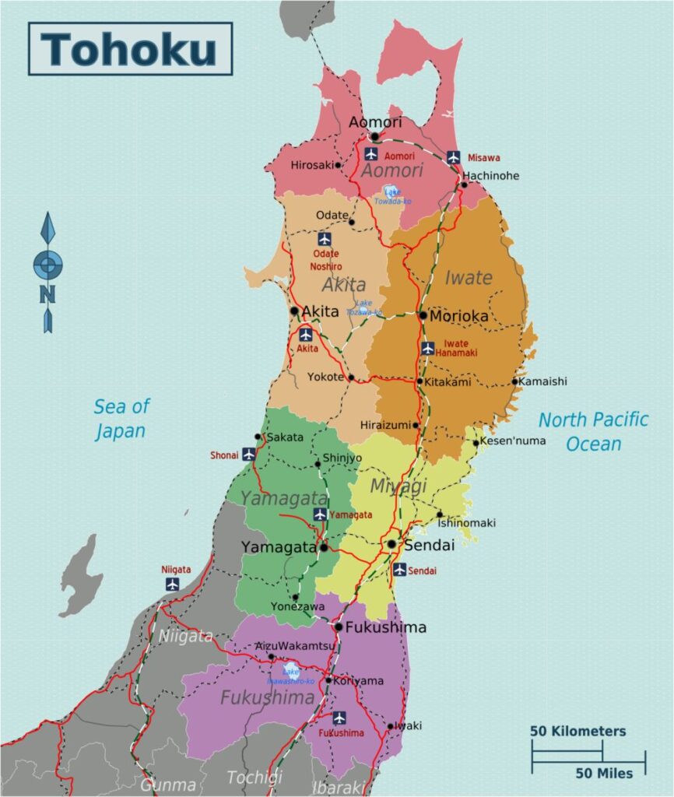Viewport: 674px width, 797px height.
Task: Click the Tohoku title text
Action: (x=129, y=48)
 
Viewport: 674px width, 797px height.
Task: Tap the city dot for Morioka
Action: (x=423, y=316)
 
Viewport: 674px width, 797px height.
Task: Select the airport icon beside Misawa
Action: (x=454, y=157)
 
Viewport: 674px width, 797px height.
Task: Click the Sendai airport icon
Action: (x=399, y=570)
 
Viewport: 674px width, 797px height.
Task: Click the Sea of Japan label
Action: (x=121, y=418)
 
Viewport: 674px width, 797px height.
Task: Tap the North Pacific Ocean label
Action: (x=593, y=431)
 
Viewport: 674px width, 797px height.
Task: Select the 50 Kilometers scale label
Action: (x=577, y=732)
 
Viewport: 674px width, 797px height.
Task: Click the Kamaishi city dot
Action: (x=514, y=381)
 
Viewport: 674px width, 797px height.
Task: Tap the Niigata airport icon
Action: (x=172, y=584)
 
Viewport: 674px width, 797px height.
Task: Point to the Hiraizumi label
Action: (x=384, y=425)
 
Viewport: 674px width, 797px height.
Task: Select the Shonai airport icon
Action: (x=248, y=454)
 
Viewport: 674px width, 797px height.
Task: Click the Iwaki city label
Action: (x=408, y=725)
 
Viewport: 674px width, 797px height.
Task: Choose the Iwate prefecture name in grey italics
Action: (x=468, y=277)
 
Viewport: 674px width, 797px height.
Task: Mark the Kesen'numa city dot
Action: (x=476, y=443)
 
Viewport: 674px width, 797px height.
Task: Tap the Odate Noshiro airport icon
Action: (x=325, y=239)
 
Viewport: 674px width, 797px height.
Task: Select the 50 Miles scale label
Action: (x=604, y=773)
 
